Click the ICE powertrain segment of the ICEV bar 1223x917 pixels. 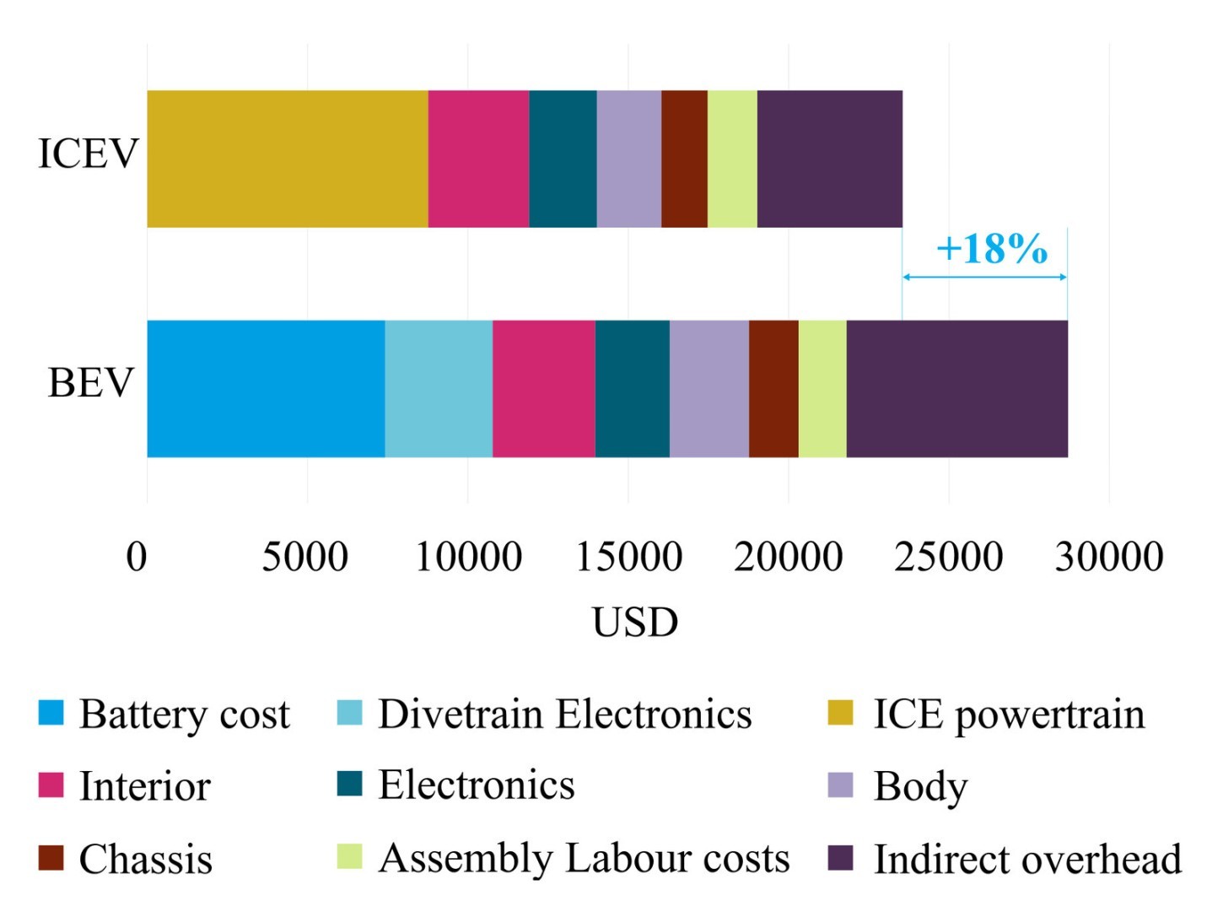(x=287, y=159)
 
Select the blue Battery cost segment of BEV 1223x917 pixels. (x=266, y=389)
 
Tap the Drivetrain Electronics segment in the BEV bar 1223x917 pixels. (x=439, y=389)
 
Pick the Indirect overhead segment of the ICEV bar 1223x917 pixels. (x=829, y=159)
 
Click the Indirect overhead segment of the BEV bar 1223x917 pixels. (x=956, y=389)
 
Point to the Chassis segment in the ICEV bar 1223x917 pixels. (x=684, y=159)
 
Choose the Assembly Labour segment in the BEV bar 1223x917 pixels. (x=822, y=389)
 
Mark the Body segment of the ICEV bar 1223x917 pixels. (x=628, y=159)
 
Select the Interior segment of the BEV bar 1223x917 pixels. (x=543, y=389)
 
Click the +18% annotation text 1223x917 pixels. (x=991, y=249)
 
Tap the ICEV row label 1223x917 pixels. (x=88, y=154)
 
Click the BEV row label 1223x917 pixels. (x=91, y=383)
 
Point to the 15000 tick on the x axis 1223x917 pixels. (x=628, y=557)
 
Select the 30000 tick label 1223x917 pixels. (x=1109, y=557)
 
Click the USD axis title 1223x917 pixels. (x=635, y=623)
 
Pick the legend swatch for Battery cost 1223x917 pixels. (x=51, y=713)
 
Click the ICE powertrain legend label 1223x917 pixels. (x=1009, y=715)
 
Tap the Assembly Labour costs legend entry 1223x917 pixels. (x=584, y=858)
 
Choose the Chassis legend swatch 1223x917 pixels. (x=51, y=858)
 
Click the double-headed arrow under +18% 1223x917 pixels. (x=984, y=277)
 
